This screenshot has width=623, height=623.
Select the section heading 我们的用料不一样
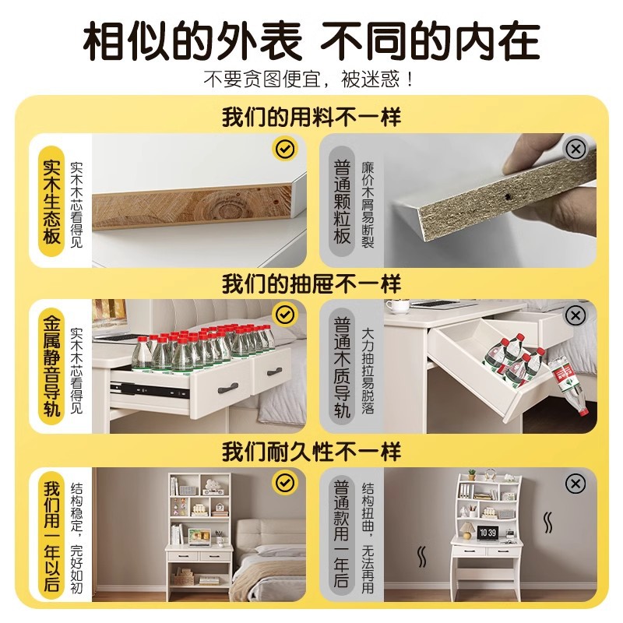[311, 118]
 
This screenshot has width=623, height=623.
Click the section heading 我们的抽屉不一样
[311, 283]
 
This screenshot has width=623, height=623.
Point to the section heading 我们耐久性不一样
[311, 451]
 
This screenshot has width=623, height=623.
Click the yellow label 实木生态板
[51, 201]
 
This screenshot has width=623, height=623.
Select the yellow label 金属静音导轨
[51, 366]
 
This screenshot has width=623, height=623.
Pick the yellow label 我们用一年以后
[51, 537]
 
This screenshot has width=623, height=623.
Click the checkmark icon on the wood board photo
[283, 148]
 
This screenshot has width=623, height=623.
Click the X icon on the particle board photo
[575, 148]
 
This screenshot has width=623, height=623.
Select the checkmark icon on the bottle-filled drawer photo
[285, 314]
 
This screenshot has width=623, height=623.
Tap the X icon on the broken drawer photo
[575, 315]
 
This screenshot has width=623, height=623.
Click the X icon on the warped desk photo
[575, 484]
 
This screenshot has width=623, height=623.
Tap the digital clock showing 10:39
[487, 533]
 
